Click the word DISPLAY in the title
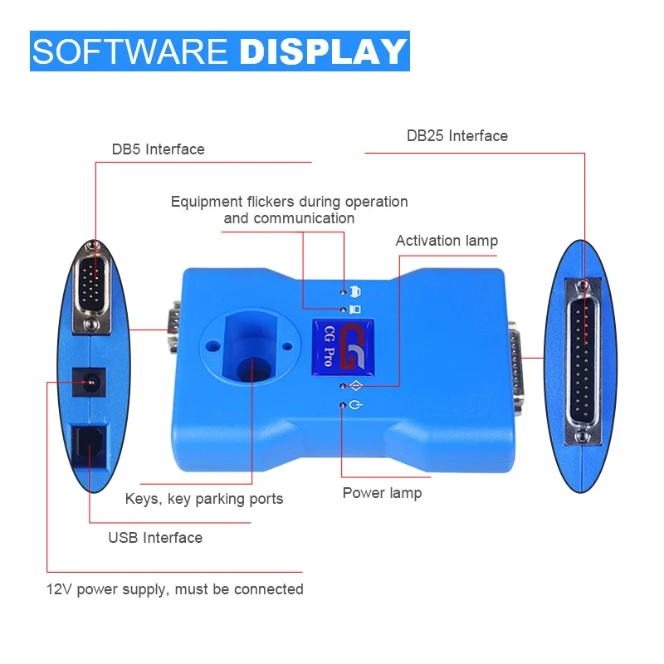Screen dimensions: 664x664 324,51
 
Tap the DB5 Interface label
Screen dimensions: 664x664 158,149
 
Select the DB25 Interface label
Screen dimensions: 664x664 456,135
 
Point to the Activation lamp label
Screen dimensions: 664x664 447,241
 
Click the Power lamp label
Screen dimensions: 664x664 382,493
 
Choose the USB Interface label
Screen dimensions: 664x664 155,538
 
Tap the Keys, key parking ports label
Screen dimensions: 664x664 203,499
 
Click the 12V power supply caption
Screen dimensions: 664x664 174,589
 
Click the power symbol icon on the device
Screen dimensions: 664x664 355,405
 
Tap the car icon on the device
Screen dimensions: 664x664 355,290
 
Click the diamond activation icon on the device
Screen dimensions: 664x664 355,385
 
